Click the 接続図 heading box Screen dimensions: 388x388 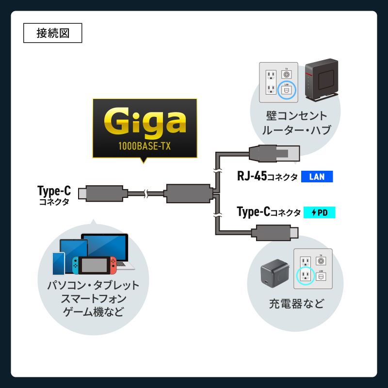tap(53, 33)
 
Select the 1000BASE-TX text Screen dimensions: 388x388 tap(145, 146)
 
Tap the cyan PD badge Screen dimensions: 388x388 tap(319, 212)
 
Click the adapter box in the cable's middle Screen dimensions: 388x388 tap(188, 193)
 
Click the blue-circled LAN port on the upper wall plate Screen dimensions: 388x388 tap(287, 89)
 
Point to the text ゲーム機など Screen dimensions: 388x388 tap(93, 311)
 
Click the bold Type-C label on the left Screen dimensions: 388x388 tap(54, 191)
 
